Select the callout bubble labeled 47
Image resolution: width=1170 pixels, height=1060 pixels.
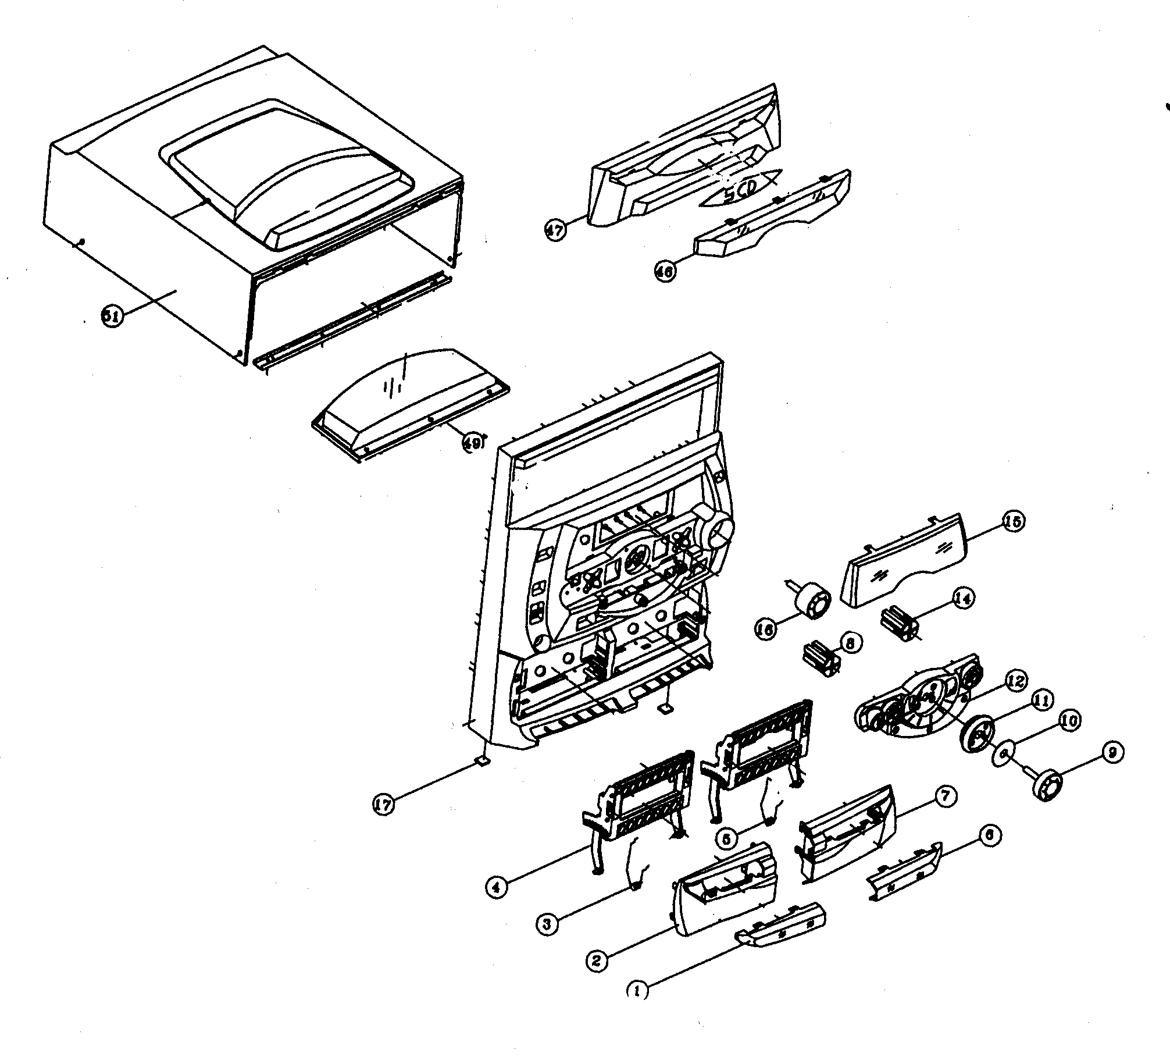(555, 230)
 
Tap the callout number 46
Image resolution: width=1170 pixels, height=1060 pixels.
(666, 272)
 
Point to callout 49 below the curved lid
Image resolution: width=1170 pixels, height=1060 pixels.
(472, 443)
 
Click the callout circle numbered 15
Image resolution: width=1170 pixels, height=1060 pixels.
(1012, 522)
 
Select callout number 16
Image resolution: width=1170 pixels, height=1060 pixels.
(766, 629)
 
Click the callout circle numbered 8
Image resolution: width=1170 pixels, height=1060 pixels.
(850, 642)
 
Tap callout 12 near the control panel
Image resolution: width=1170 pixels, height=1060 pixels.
(1016, 682)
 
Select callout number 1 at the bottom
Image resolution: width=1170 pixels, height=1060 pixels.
(638, 991)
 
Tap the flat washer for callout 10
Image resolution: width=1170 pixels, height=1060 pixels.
(1004, 755)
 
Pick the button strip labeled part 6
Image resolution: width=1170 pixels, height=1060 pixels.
(904, 871)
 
